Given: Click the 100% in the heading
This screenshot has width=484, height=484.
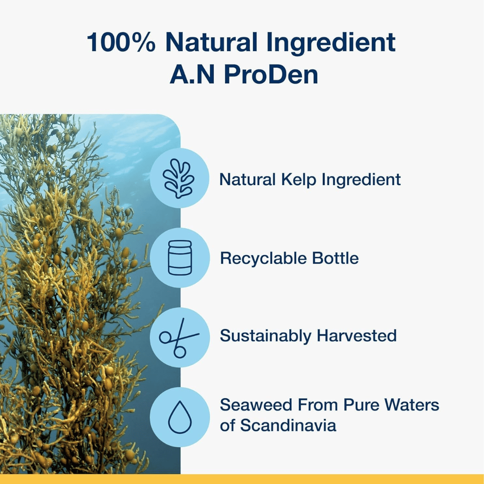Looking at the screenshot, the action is pos(121,42).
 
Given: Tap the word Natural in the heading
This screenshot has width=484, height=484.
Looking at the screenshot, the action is pos(211,42).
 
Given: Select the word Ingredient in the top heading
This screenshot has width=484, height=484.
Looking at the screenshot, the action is pos(331,44).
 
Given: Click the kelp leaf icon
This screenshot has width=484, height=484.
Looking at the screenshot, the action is pos(179,178).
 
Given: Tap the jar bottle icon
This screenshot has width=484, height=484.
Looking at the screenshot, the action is pos(180,257).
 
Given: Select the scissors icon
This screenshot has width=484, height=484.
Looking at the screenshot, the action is pos(179,338).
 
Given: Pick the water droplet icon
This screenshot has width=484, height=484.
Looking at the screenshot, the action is pos(180,417).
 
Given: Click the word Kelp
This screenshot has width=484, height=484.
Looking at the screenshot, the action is pos(298,180).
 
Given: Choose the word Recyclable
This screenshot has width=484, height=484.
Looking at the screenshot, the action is pos(264,259).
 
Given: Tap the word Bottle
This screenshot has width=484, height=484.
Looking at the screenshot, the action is pos(335,259).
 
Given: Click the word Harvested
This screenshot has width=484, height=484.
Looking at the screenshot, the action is pos(357,336).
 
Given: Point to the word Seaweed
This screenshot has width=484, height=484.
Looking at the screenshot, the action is pos(256,405).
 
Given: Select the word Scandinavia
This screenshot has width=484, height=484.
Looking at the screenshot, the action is pos(288,425).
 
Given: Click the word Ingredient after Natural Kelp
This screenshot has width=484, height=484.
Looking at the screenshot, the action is pos(361,180).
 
